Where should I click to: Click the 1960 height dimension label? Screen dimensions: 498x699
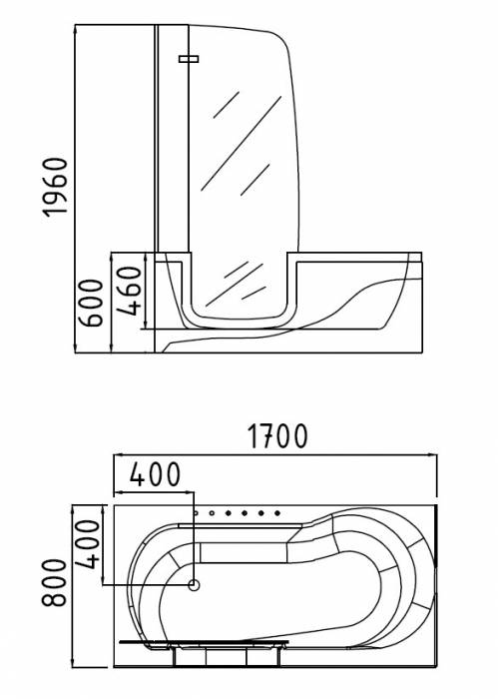(55, 188)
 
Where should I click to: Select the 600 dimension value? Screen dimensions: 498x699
(91, 303)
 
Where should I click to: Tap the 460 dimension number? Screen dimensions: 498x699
(130, 291)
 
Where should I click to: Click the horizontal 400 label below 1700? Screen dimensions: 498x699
(155, 474)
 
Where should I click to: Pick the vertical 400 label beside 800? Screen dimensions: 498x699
(87, 544)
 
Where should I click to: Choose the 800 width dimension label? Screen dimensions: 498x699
(54, 582)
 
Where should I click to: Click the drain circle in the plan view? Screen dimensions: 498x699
(194, 584)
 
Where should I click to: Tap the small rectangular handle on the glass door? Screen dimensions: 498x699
(189, 59)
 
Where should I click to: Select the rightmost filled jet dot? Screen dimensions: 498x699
(277, 513)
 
